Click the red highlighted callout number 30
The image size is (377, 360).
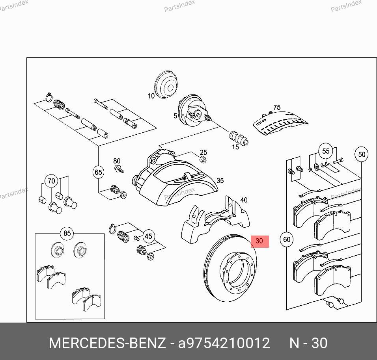(x=259, y=241)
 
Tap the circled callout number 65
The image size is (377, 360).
(x=98, y=172)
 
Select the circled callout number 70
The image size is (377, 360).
(x=51, y=181)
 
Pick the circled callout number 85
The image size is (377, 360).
(x=67, y=233)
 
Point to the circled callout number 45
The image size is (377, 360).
(x=148, y=236)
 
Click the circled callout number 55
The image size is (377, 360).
(x=326, y=151)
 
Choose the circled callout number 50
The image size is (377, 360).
(x=362, y=154)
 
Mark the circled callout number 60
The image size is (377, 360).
(x=287, y=239)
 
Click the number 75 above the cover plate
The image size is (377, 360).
(x=277, y=108)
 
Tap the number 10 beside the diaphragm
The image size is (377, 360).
(x=151, y=96)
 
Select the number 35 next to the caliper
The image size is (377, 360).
(x=220, y=180)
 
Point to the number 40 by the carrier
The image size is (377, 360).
(x=244, y=200)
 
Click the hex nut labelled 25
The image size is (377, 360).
(x=203, y=159)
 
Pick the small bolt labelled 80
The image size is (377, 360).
(x=119, y=169)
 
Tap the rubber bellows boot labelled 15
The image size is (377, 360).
(x=239, y=139)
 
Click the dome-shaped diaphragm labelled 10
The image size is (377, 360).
(x=166, y=84)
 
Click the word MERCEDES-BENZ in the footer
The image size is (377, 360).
(x=107, y=343)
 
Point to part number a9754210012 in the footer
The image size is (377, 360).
(x=224, y=343)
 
